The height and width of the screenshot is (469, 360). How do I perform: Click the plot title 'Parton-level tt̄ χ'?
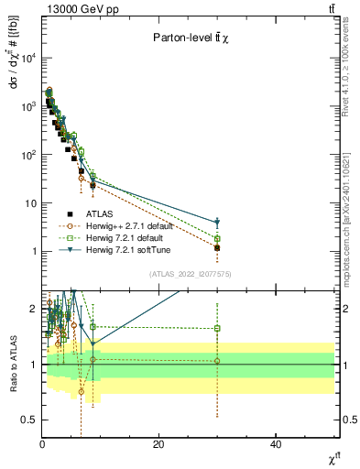click(x=190, y=38)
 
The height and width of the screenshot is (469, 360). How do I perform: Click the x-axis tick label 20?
click(x=158, y=444)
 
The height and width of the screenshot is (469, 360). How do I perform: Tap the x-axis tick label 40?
click(x=276, y=444)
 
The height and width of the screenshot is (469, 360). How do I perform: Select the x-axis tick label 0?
click(x=42, y=444)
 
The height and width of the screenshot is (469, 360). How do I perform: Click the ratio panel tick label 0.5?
click(x=30, y=420)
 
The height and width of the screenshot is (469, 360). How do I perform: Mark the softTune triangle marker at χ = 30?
click(x=217, y=223)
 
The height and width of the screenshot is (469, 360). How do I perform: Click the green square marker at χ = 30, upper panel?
click(x=217, y=239)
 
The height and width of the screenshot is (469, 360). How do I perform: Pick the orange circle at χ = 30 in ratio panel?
click(x=217, y=361)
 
